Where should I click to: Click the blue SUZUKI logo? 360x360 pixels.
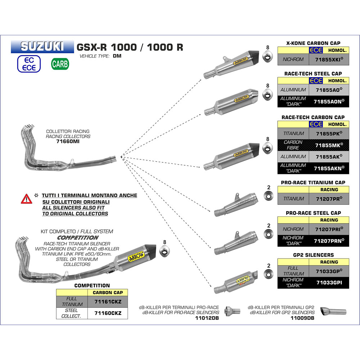click(42, 46)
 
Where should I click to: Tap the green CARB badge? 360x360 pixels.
click(59, 64)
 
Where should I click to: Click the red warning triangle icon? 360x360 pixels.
click(26, 198)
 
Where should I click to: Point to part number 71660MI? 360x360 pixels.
click(68, 142)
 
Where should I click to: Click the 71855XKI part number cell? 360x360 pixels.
click(329, 59)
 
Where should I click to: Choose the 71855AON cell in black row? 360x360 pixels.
click(329, 102)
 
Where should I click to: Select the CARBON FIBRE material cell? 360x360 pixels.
click(293, 145)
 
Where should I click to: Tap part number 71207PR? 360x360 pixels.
click(329, 198)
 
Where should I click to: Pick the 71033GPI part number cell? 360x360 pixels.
click(329, 283)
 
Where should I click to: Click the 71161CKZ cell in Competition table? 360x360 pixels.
click(108, 301)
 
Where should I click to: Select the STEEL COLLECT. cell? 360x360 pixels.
click(72, 313)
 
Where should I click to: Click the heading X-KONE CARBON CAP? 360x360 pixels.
click(313, 43)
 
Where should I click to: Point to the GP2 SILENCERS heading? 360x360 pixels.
click(313, 255)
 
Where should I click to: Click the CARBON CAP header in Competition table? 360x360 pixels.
click(108, 293)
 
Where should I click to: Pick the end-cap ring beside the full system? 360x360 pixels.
click(165, 252)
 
